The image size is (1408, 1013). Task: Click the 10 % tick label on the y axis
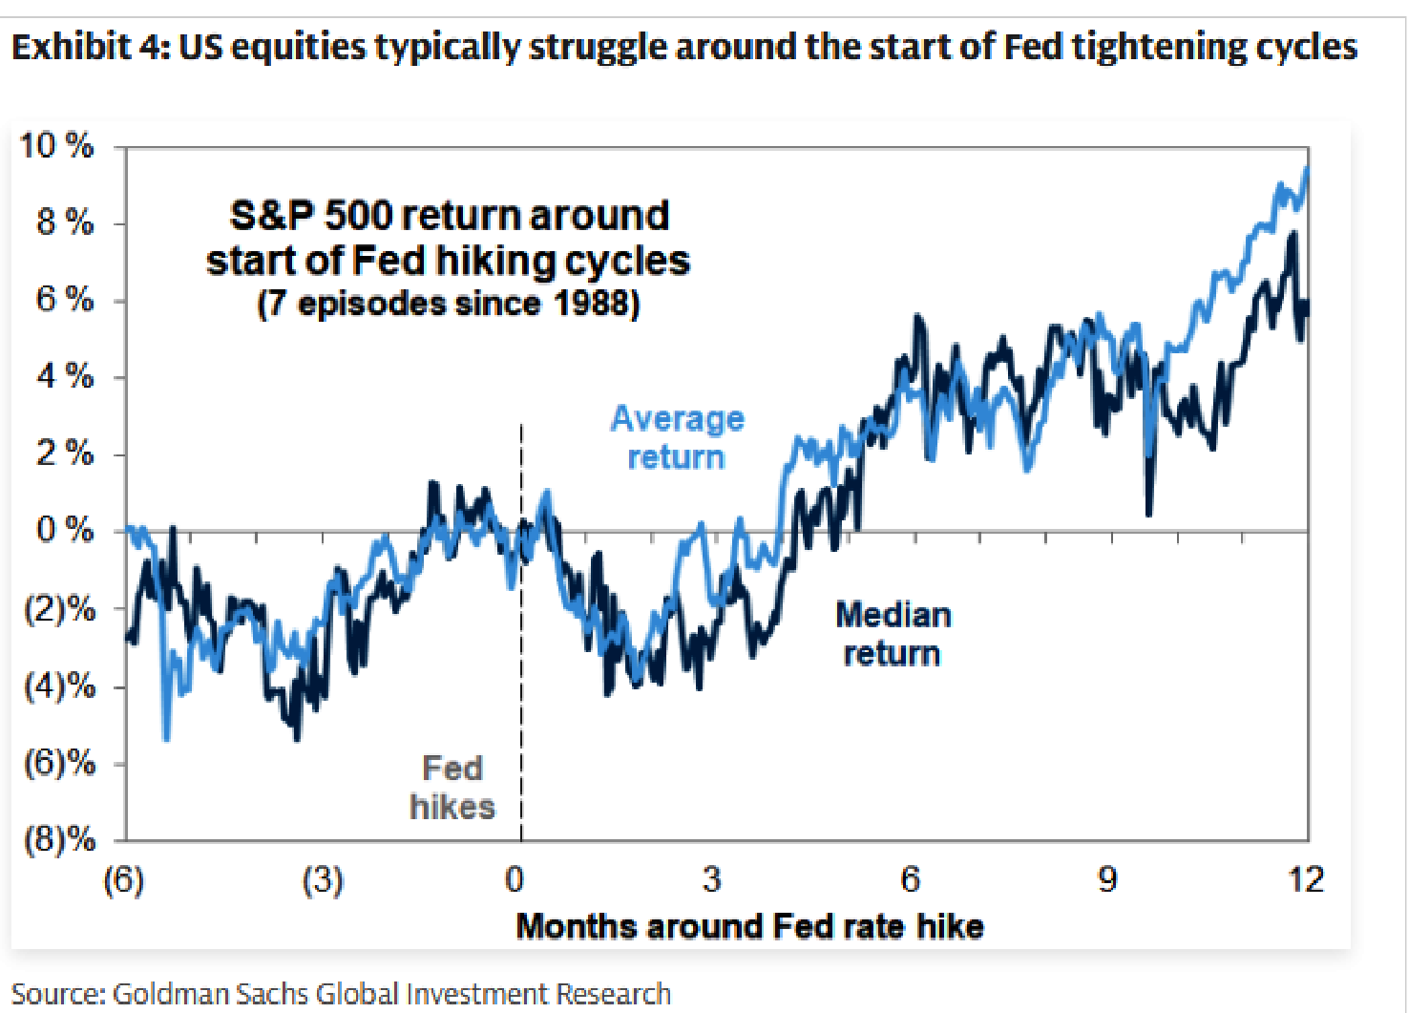click(x=57, y=145)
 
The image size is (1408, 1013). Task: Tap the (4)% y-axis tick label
click(x=60, y=686)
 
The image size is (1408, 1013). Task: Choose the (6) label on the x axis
click(x=124, y=879)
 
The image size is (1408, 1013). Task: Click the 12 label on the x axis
click(x=1307, y=879)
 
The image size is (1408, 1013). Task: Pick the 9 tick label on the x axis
click(x=1107, y=879)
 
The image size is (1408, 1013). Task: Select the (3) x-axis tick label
click(x=323, y=879)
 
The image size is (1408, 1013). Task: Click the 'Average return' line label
click(x=678, y=437)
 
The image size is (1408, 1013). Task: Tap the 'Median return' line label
click(x=893, y=634)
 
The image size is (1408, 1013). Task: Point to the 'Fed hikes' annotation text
click(x=452, y=788)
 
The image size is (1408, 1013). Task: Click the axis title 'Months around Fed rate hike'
click(x=750, y=926)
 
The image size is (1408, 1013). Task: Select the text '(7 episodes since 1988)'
click(x=449, y=305)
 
